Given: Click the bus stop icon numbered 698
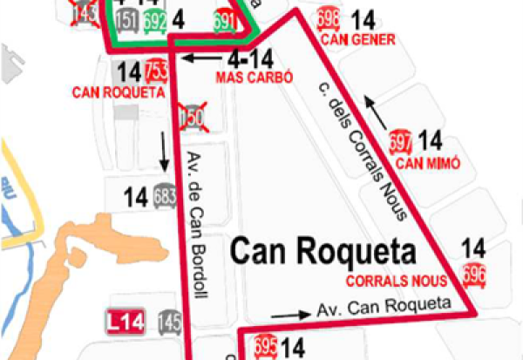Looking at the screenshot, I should point(329,19).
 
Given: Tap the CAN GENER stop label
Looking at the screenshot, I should point(358,39).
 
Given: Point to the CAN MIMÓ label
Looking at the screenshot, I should point(426,162).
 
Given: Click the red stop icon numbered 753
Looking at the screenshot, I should point(157,71).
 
